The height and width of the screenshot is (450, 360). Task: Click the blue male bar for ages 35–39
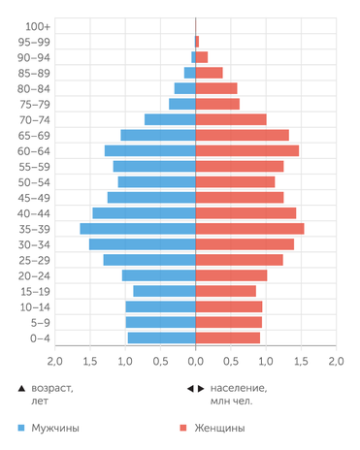pos(138,229)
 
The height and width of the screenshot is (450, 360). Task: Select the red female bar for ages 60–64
pos(247,150)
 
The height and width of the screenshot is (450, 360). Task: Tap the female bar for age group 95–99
pos(198,42)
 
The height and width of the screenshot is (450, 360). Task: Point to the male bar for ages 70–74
pos(170,119)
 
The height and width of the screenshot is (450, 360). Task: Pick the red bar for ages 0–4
pos(228,337)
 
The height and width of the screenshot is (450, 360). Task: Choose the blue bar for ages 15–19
pos(164,291)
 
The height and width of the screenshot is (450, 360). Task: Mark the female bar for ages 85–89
pos(210,73)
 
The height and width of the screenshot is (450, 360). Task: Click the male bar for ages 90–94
pos(193,57)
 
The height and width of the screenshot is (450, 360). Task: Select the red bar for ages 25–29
pos(240,260)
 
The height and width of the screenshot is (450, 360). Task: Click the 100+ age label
pos(39,26)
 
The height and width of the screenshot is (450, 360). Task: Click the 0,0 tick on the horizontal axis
pos(196,361)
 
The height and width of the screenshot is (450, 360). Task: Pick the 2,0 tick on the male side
pos(55,361)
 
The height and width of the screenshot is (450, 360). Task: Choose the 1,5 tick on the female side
pos(301,361)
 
